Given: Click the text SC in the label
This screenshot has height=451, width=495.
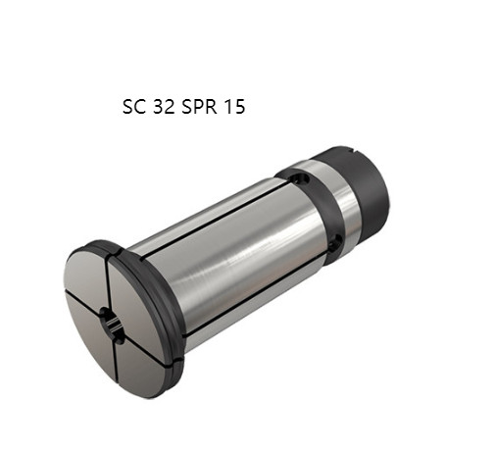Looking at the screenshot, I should (x=132, y=107).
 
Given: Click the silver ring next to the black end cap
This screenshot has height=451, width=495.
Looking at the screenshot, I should (x=343, y=201).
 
